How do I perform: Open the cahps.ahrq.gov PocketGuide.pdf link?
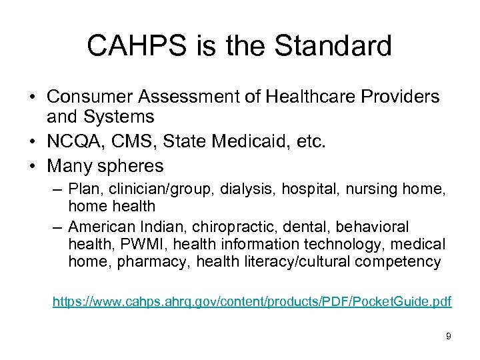[252, 302]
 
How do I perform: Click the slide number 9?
[448, 337]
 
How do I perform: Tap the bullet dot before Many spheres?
[32, 165]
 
